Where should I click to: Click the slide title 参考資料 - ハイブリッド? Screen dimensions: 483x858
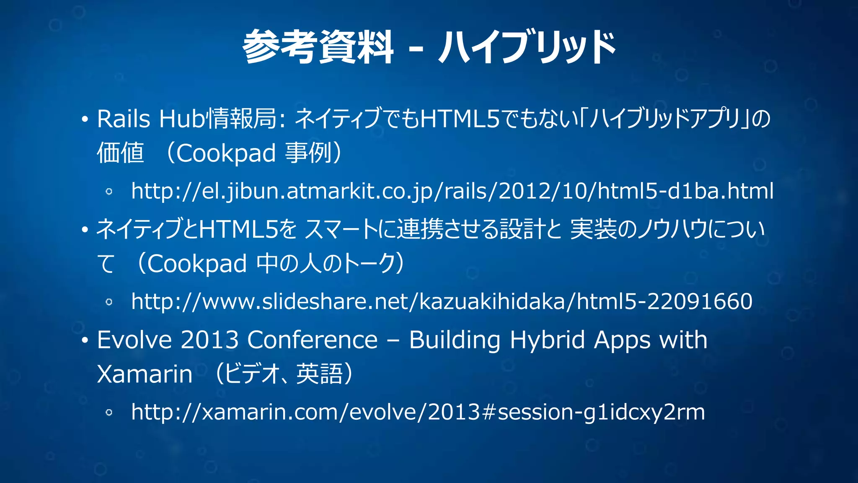point(429,47)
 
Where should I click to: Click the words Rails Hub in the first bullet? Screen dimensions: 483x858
point(150,119)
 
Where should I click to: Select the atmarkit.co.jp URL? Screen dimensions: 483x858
point(452,191)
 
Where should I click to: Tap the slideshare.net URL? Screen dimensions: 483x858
point(442,301)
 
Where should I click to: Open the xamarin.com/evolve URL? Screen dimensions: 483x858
point(418,412)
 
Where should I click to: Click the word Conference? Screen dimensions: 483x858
point(312,340)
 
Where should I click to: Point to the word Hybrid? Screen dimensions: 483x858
point(547,340)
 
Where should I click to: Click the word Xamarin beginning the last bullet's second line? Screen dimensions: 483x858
point(145,374)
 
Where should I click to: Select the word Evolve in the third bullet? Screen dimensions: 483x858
point(134,340)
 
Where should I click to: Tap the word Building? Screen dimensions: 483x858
point(455,340)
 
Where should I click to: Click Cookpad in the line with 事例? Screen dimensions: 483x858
point(226,153)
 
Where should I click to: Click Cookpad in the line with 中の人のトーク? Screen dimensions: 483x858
point(197,264)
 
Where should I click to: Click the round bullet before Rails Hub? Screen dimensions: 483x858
point(85,119)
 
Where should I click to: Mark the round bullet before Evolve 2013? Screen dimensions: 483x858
point(85,340)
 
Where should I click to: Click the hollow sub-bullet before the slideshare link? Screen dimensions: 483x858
point(109,302)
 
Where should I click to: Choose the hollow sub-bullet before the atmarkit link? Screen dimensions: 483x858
point(109,192)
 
